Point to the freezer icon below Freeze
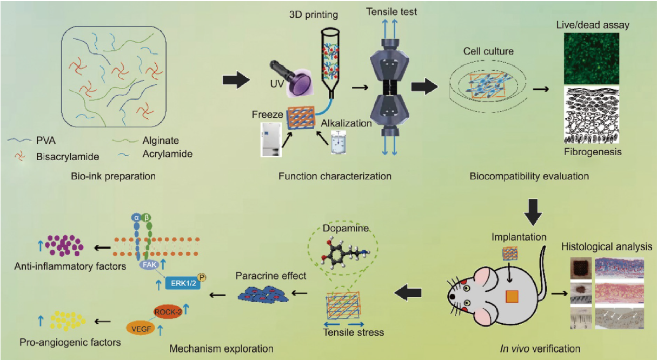pos(271,139)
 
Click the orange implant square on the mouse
pos(512,297)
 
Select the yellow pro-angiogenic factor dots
pos(68,321)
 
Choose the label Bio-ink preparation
pos(112,176)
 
